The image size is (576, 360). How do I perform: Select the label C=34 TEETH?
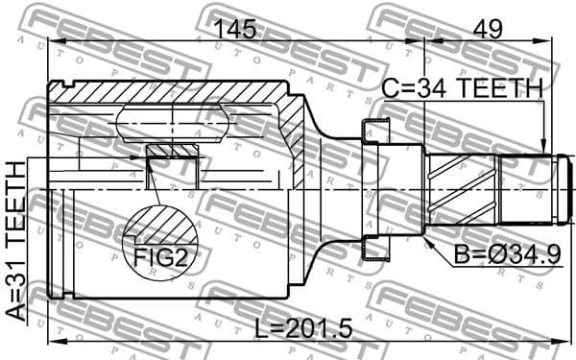click(x=463, y=89)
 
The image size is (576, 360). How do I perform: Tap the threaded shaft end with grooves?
click(x=526, y=190)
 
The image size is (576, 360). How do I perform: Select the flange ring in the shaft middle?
click(x=376, y=189)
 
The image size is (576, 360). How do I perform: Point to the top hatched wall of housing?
click(x=173, y=93)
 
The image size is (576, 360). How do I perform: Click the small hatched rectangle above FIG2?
click(x=173, y=151)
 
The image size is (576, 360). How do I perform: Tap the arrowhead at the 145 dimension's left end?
click(x=54, y=41)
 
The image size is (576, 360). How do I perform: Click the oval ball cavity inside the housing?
click(x=173, y=124)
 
